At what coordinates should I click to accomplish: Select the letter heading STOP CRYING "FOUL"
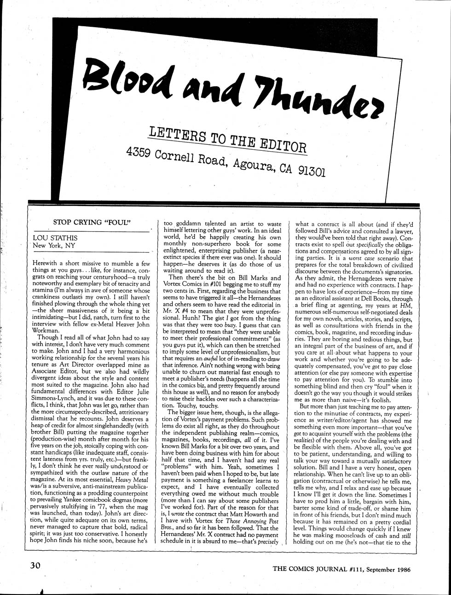(x=93, y=222)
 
